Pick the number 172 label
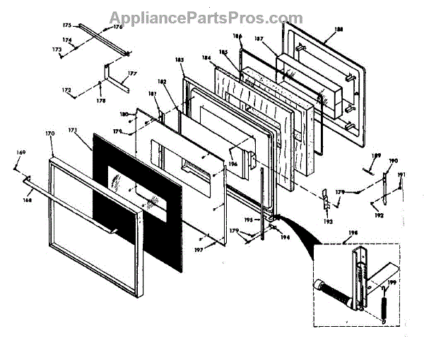click(66, 90)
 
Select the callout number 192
click(379, 215)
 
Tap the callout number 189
click(376, 155)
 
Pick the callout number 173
click(57, 49)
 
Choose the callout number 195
click(249, 220)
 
